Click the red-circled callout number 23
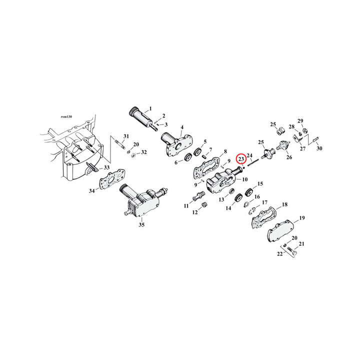pyautogui.click(x=241, y=159)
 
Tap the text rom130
pyautogui.click(x=66, y=116)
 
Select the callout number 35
pyautogui.click(x=141, y=225)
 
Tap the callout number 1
pyautogui.click(x=150, y=109)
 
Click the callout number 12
pyautogui.click(x=194, y=212)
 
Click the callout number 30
pyautogui.click(x=319, y=148)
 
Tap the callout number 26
pyautogui.click(x=289, y=158)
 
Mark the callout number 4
pyautogui.click(x=182, y=127)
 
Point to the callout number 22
pyautogui.click(x=279, y=254)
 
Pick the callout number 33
pyautogui.click(x=106, y=167)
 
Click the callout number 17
pyautogui.click(x=264, y=202)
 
